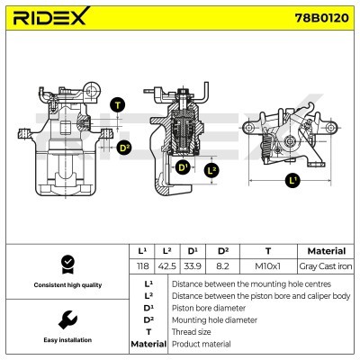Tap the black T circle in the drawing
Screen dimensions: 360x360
[x=117, y=105]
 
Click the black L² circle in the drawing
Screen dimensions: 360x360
[x=212, y=169]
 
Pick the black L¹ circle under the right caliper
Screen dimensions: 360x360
[x=292, y=181]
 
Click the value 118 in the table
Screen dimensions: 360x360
[x=141, y=266]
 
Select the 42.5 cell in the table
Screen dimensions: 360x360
[x=166, y=266]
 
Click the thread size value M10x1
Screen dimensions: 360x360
[x=268, y=266]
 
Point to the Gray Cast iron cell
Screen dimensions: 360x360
[x=326, y=266]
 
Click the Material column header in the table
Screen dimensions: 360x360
[x=326, y=251]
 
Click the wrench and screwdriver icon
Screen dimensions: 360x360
[x=66, y=319]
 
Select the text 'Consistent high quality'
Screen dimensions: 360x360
[x=66, y=285]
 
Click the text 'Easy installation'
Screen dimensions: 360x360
[x=66, y=340]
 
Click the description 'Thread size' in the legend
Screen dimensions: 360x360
[x=191, y=331]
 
